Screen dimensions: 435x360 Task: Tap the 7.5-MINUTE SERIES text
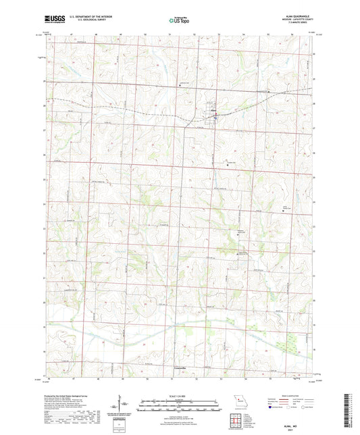(x=300, y=24)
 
